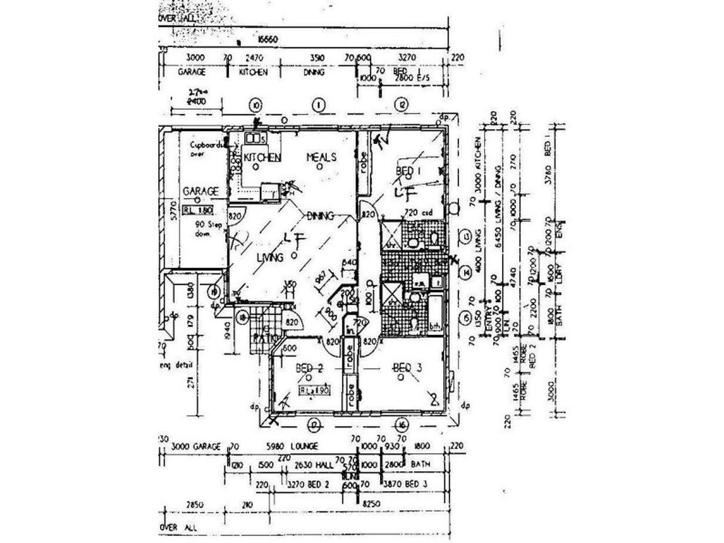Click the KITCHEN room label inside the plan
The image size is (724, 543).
point(262,157)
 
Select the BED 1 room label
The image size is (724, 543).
point(407,171)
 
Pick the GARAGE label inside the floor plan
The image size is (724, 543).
point(200,191)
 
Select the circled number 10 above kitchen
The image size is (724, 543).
point(256,105)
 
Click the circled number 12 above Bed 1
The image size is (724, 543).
point(401,105)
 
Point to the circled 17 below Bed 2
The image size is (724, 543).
point(313,424)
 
